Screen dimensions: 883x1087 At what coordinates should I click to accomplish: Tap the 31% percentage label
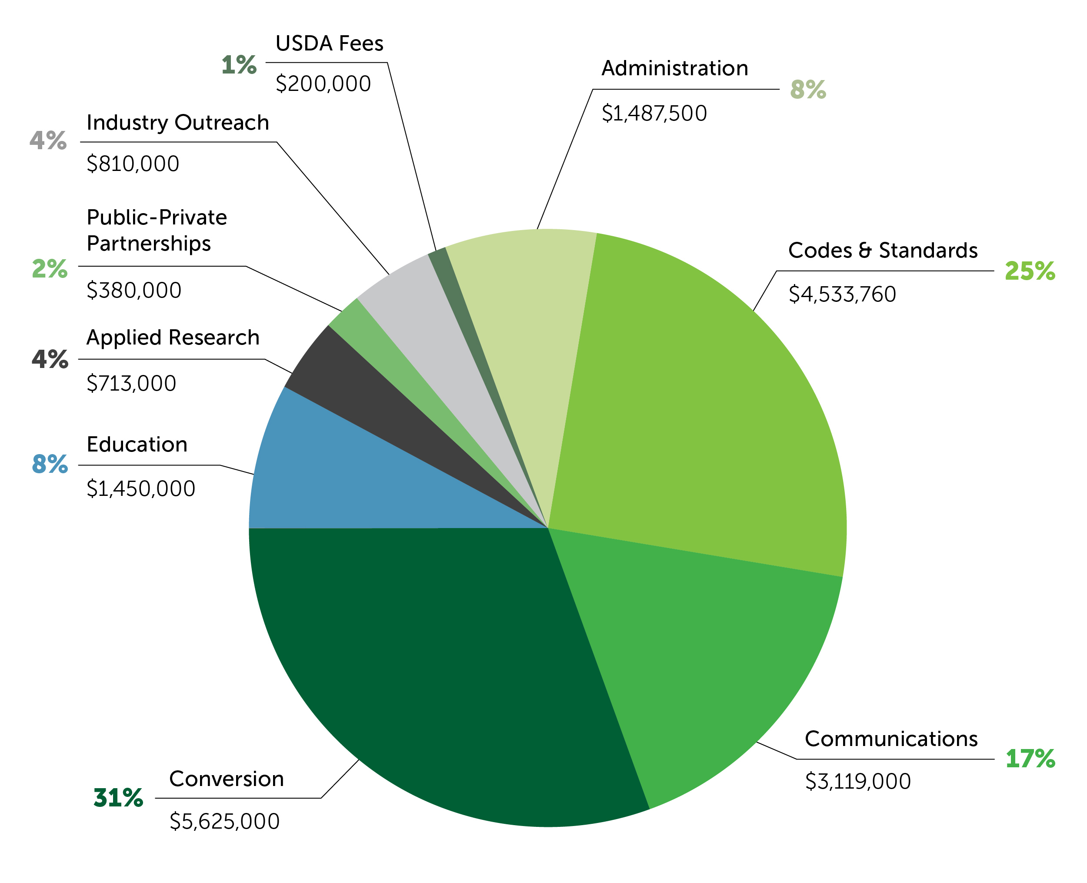(x=118, y=798)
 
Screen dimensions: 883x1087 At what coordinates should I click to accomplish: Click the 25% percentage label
(x=1030, y=271)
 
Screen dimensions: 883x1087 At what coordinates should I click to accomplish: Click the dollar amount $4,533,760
(x=842, y=294)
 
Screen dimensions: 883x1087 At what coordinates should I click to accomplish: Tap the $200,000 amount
(x=323, y=84)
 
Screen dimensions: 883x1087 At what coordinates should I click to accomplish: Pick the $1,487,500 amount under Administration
(x=654, y=114)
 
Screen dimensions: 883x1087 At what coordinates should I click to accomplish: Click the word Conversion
(x=226, y=779)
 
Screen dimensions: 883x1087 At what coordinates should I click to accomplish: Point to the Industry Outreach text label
(x=177, y=123)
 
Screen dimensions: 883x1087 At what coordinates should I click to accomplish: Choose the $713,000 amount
(x=131, y=384)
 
